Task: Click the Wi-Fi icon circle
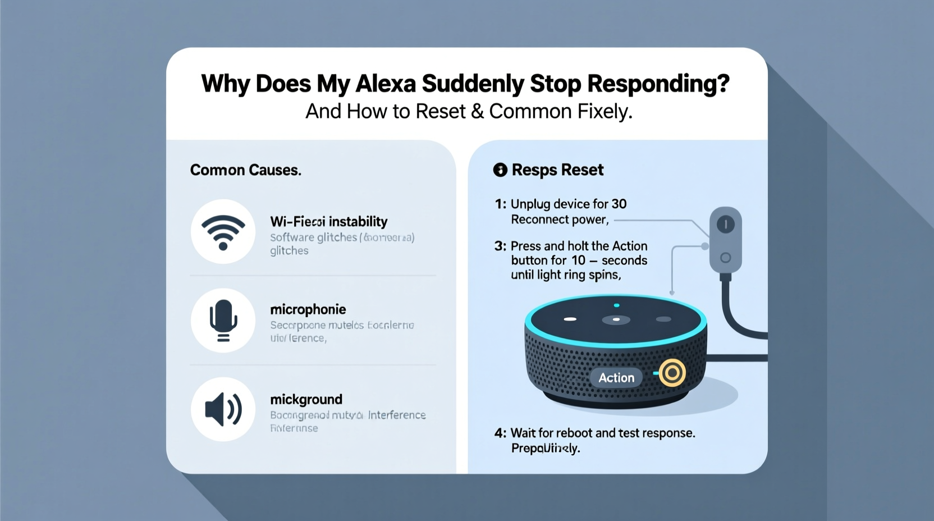223,231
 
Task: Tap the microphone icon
223,321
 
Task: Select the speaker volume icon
223,409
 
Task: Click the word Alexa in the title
386,84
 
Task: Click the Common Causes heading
245,170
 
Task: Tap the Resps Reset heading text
557,170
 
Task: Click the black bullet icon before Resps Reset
500,170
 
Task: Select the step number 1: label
500,204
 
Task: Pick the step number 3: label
500,246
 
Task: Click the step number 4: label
500,433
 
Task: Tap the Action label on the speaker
616,378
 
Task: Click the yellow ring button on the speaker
672,373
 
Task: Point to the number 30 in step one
619,204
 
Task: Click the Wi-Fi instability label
328,221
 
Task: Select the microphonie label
308,309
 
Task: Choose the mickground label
306,399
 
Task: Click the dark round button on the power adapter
726,225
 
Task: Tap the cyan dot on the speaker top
616,305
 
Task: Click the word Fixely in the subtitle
608,111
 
